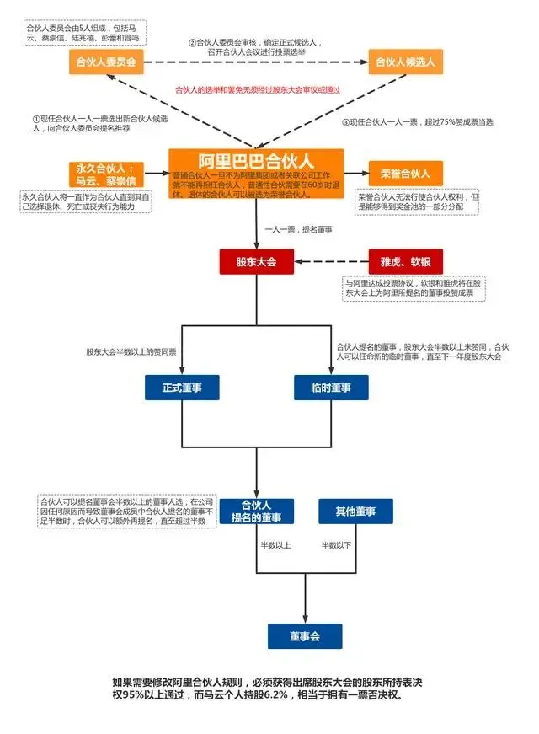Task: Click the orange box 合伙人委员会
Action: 106,61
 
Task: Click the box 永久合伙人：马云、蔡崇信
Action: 106,174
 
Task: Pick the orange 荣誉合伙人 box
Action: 405,173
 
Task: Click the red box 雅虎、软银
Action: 405,262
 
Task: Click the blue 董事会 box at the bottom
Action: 305,635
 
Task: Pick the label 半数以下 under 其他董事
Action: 336,546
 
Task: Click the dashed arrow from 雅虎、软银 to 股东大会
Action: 330,262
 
